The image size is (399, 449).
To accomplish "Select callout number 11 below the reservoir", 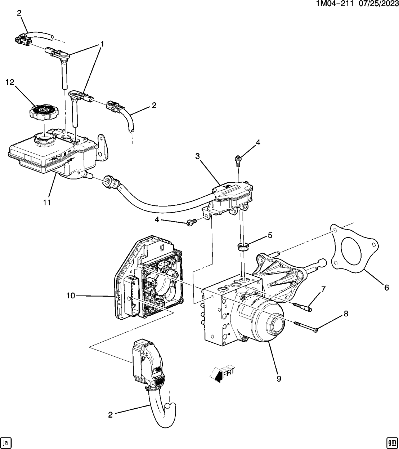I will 47,203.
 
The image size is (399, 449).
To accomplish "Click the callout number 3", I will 197,156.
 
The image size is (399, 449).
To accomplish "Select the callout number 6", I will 386,287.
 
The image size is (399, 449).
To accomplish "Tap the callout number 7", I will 323,289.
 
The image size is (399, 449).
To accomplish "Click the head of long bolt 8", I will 315,330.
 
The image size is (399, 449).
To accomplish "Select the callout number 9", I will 279,378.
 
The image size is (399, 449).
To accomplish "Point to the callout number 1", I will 102,44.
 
